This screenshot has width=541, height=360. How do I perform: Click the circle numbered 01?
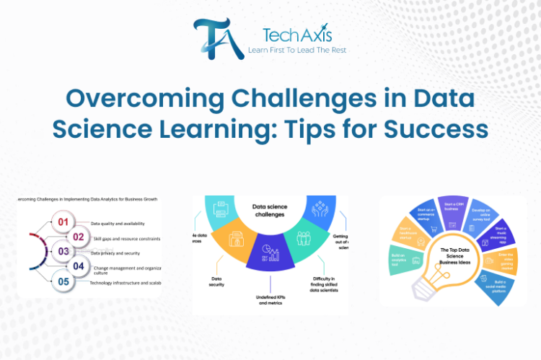(x=63, y=221)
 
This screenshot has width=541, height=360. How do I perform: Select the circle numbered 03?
(x=63, y=252)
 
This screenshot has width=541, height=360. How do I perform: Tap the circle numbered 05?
(x=63, y=282)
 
